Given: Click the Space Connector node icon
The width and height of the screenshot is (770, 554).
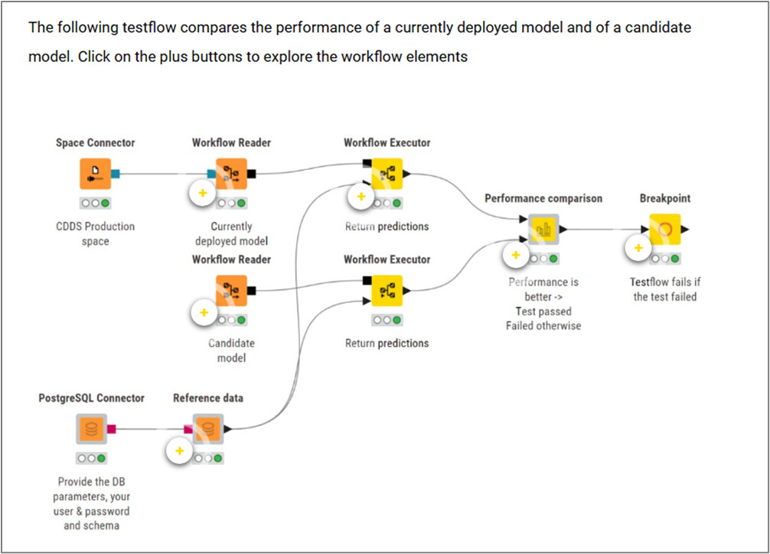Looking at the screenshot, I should tap(95, 174).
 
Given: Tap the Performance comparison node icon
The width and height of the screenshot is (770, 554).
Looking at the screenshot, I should tap(543, 229).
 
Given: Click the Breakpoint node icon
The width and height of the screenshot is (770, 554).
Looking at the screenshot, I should tap(665, 229).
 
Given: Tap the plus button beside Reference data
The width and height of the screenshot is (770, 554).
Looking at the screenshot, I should tap(180, 451).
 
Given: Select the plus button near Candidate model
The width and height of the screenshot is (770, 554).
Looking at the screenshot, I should tap(203, 312).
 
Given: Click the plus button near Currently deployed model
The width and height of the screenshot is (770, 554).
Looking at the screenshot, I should tap(203, 193).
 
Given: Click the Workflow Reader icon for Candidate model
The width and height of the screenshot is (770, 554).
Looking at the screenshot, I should tap(231, 290).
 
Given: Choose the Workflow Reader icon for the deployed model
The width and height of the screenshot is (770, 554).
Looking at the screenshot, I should tap(231, 174).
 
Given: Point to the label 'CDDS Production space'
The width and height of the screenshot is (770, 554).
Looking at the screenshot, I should tap(96, 234).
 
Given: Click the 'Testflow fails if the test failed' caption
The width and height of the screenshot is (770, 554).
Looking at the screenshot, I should tap(664, 289).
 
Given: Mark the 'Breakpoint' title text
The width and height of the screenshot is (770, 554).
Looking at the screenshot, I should tap(664, 198).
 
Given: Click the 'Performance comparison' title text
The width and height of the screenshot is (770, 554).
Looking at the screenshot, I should tap(543, 198).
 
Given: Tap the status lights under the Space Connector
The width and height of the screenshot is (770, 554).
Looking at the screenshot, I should tap(95, 204).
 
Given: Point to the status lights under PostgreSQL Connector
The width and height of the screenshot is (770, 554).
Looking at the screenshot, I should tap(91, 458).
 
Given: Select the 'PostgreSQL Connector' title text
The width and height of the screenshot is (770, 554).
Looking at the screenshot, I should tap(91, 398).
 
